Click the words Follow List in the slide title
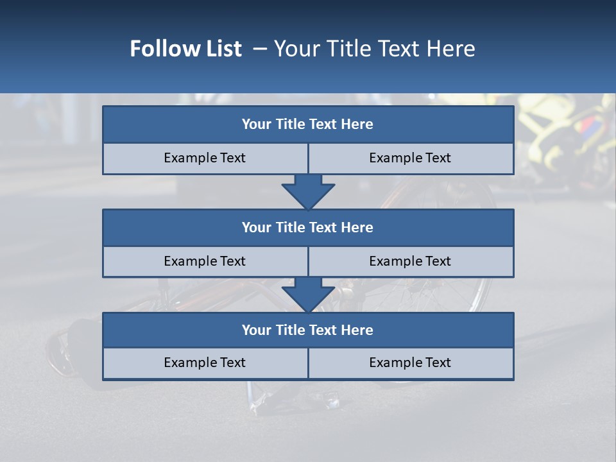click(185, 49)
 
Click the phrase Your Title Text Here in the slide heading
click(374, 49)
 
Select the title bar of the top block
click(308, 124)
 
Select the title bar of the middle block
click(308, 227)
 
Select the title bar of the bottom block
click(308, 330)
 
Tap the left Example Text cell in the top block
click(205, 158)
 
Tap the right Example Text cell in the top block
click(410, 158)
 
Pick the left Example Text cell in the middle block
click(205, 261)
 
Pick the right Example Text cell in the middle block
click(410, 261)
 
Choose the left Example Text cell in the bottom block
click(205, 363)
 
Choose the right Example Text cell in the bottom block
click(410, 363)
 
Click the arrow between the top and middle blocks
click(308, 191)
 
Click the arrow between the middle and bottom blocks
click(308, 295)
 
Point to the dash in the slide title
click(261, 49)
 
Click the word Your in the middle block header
click(256, 227)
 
